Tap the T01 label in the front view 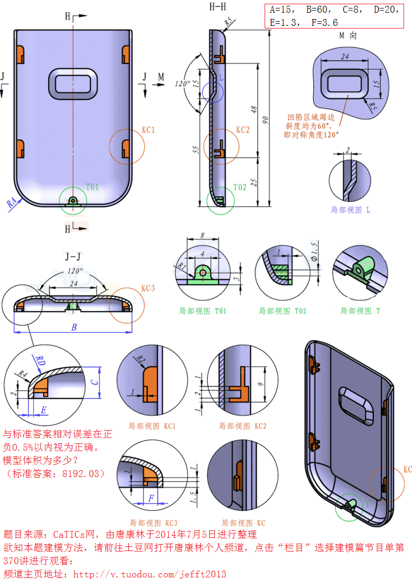tap(92, 186)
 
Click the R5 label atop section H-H tap(229, 22)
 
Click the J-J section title tap(73, 257)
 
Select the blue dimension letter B tap(73, 328)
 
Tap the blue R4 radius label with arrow tap(12, 202)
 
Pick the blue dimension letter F tap(152, 498)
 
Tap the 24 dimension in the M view tap(345, 57)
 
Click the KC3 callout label tap(148, 288)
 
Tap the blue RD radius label tap(40, 360)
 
